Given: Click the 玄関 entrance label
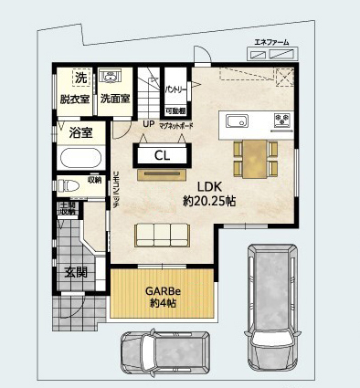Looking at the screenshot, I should pyautogui.click(x=75, y=272).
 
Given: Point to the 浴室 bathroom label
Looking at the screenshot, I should pyautogui.click(x=79, y=132).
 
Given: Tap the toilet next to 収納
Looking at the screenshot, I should pyautogui.click(x=69, y=184).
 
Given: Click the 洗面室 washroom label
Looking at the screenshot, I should pyautogui.click(x=115, y=99).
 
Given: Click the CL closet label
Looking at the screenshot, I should pyautogui.click(x=162, y=155).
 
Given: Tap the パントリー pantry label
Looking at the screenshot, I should pyautogui.click(x=175, y=90).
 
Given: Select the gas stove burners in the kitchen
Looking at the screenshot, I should pyautogui.click(x=281, y=120).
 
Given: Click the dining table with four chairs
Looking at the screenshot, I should pyautogui.click(x=253, y=157).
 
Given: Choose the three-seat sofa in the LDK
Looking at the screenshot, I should pyautogui.click(x=164, y=236).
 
